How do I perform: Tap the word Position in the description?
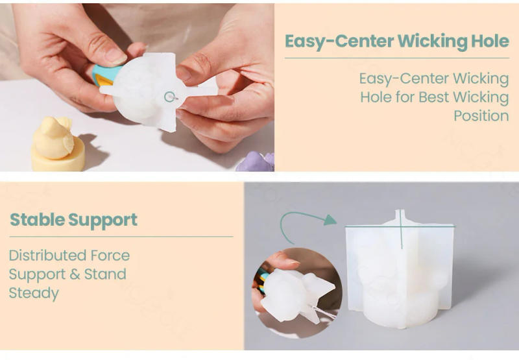481,116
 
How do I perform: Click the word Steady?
34,293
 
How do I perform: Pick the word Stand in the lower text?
104,274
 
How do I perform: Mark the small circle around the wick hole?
170,97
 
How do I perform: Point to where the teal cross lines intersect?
402,226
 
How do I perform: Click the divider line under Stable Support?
121,237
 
